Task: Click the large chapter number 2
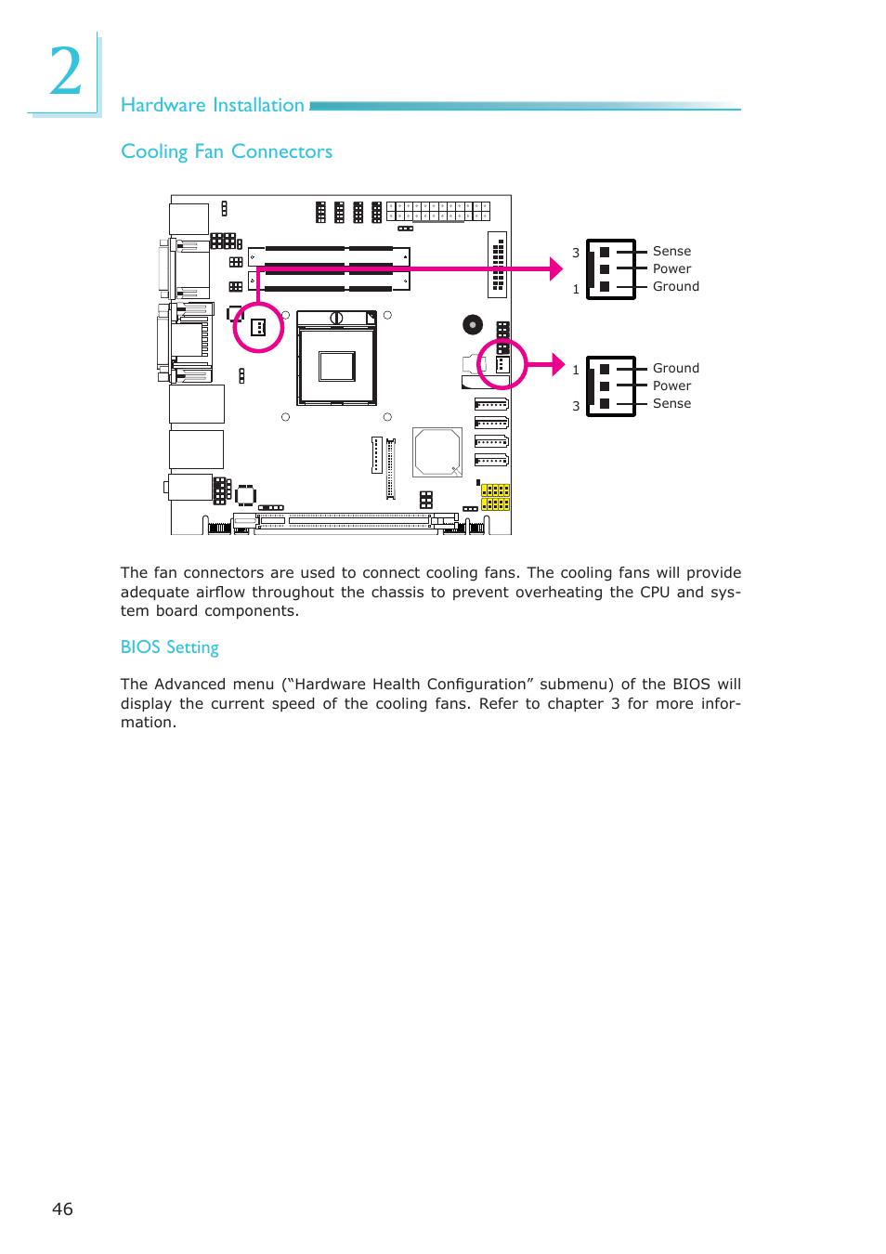point(65,72)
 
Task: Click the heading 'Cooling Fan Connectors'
point(227,151)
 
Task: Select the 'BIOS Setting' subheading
point(169,647)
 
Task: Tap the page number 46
point(62,1208)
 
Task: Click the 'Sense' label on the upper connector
point(671,251)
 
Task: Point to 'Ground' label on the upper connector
point(675,286)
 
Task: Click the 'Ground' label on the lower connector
point(675,368)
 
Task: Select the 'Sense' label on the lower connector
point(671,403)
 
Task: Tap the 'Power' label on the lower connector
point(671,385)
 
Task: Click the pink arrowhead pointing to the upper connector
point(555,268)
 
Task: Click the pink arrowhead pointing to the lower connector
point(557,364)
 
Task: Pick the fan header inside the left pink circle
point(258,327)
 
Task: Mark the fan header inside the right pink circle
point(502,365)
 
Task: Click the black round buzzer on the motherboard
point(473,324)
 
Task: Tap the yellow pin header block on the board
point(495,497)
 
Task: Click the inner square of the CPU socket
point(336,366)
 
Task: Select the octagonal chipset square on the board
point(436,452)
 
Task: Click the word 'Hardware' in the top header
point(163,105)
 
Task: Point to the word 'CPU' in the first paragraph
point(654,592)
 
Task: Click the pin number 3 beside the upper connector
point(576,253)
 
